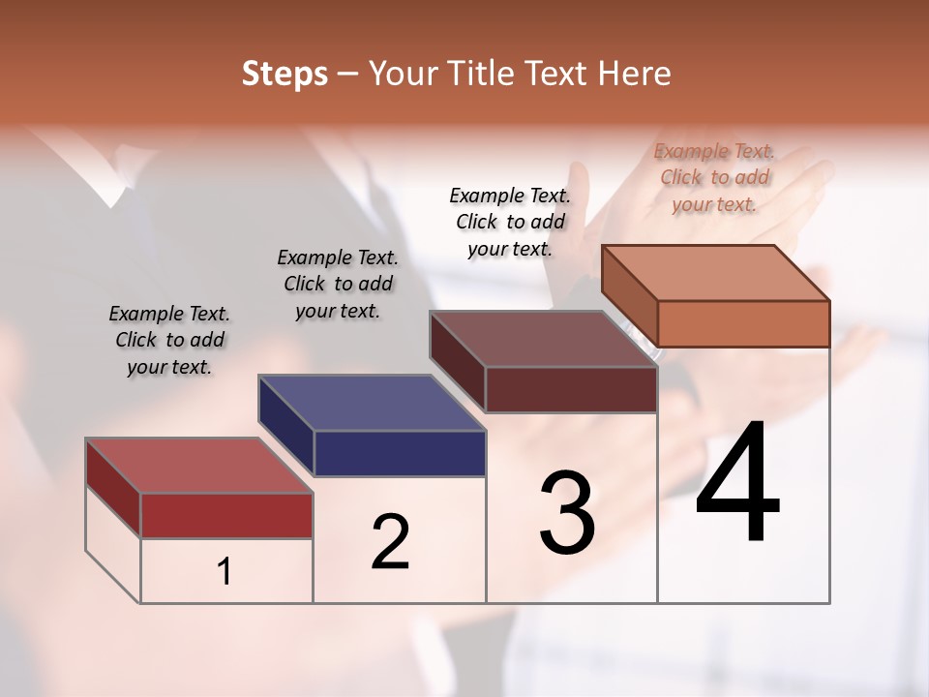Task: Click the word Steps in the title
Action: pos(285,74)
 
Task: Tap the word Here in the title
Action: pos(634,74)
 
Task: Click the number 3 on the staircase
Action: pos(567,513)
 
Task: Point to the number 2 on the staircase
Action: pos(390,542)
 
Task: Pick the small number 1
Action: pos(225,572)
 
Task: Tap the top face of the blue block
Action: pos(372,403)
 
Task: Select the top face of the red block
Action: pos(199,466)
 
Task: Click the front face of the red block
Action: pos(226,515)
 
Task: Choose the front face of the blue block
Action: pos(400,453)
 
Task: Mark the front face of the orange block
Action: pos(743,323)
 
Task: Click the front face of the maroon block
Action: pos(571,389)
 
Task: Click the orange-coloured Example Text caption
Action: pos(714,177)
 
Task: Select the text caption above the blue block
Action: pos(338,284)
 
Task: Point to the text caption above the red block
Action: pos(169,340)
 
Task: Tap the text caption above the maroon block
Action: pos(510,222)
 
